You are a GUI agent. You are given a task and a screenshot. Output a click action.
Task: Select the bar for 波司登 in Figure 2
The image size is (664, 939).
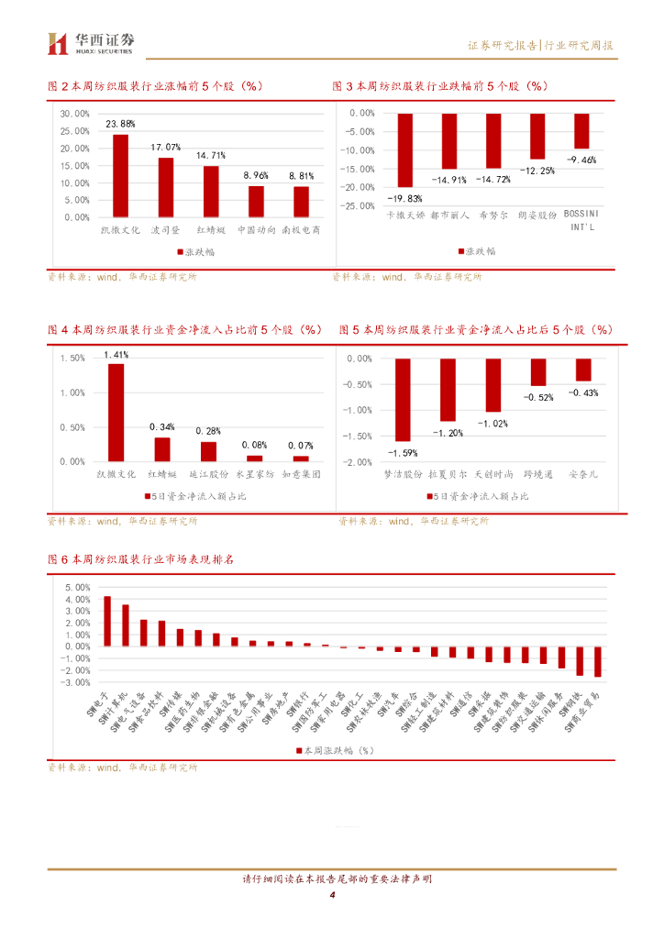click(166, 187)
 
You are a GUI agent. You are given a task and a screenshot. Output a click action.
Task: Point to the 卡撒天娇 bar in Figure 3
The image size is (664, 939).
click(404, 149)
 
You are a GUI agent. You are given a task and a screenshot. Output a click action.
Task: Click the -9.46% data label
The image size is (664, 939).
click(581, 160)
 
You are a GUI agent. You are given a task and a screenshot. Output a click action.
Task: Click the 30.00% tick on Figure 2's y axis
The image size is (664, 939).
click(74, 114)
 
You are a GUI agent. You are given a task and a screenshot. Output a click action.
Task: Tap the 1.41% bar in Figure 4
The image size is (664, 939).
click(116, 413)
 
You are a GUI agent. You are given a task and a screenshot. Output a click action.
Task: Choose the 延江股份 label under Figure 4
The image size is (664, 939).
click(208, 475)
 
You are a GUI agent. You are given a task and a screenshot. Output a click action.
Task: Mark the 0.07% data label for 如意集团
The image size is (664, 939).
click(300, 446)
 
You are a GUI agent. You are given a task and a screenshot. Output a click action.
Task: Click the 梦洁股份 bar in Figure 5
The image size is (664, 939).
click(403, 400)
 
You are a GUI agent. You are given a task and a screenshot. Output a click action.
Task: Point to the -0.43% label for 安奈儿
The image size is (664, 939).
click(583, 392)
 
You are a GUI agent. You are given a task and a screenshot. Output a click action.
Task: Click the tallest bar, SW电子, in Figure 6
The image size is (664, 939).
click(107, 621)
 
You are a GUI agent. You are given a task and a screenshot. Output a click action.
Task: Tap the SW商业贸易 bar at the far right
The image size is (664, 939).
click(598, 661)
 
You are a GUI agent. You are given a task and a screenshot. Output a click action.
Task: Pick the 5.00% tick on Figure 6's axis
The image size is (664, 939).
click(76, 586)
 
